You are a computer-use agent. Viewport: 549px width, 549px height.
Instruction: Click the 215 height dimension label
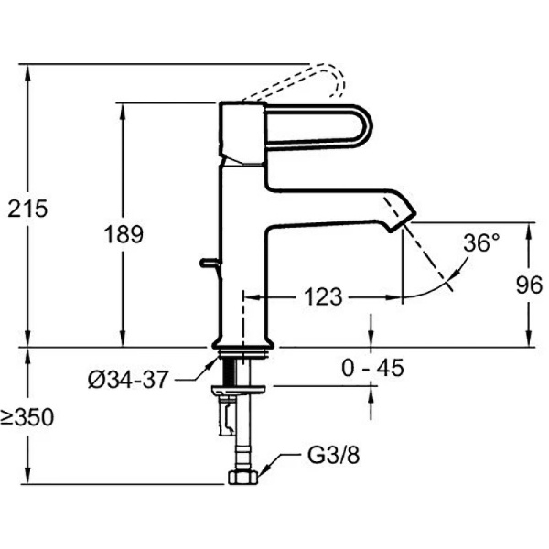(27, 209)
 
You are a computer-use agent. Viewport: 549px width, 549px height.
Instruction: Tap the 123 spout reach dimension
(323, 296)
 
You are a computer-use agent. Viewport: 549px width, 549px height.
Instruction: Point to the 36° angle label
(482, 243)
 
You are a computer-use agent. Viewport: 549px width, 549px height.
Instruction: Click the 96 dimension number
(530, 285)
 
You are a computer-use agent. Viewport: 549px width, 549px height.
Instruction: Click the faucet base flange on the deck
(242, 344)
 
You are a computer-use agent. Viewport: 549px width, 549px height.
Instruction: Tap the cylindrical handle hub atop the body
(242, 129)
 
